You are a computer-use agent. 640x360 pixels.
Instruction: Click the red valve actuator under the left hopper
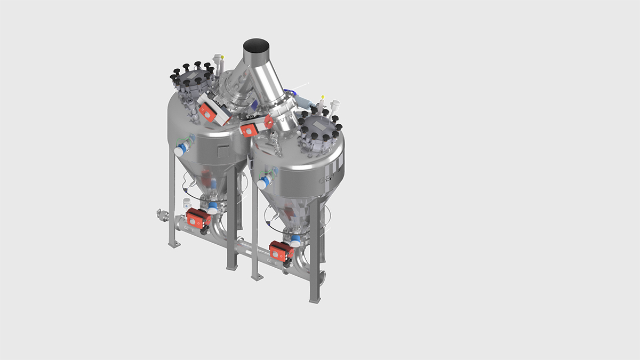(x=198, y=219)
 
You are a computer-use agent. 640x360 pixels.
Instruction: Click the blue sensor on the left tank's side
(x=180, y=150)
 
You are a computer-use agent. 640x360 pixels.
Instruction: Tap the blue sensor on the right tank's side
(x=262, y=183)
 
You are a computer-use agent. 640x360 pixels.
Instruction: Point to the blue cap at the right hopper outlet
(x=294, y=241)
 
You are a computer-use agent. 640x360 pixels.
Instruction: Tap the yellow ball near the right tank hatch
(x=322, y=98)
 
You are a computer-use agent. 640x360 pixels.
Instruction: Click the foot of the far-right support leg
(x=315, y=300)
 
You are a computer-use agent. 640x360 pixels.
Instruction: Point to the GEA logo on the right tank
(x=326, y=179)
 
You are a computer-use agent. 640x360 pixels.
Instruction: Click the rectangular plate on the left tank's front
(x=225, y=153)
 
